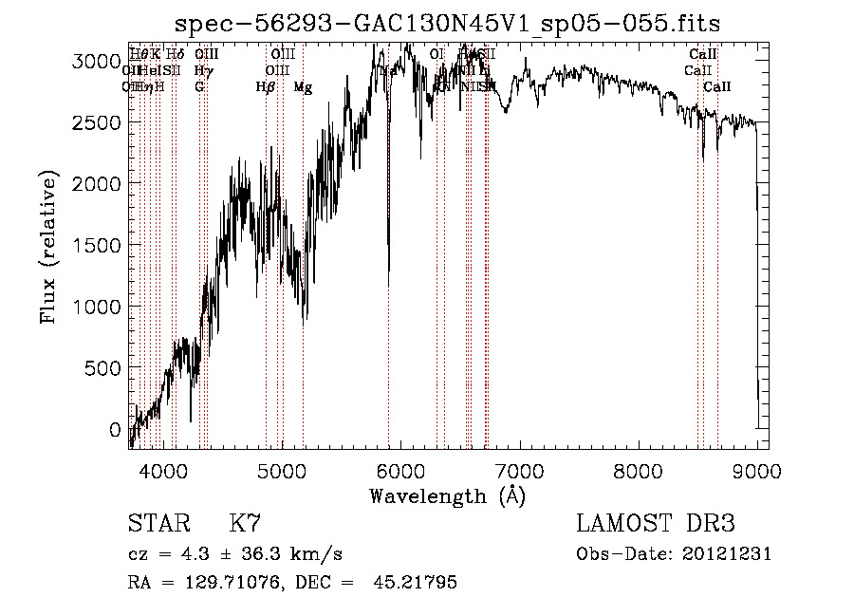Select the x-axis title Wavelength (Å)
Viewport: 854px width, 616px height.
pos(447,495)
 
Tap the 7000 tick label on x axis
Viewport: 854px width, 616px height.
pos(520,471)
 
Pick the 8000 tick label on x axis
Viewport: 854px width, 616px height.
pos(639,471)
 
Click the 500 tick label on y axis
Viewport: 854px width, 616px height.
pos(106,368)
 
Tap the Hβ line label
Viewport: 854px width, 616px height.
pos(265,87)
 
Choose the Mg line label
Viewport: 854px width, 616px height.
pos(303,87)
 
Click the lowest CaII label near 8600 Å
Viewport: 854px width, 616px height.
pos(717,87)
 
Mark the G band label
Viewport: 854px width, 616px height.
pos(199,87)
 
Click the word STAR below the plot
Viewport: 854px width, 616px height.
pos(158,524)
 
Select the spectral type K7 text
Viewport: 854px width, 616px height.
pos(245,524)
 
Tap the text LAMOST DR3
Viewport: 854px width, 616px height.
pos(656,524)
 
